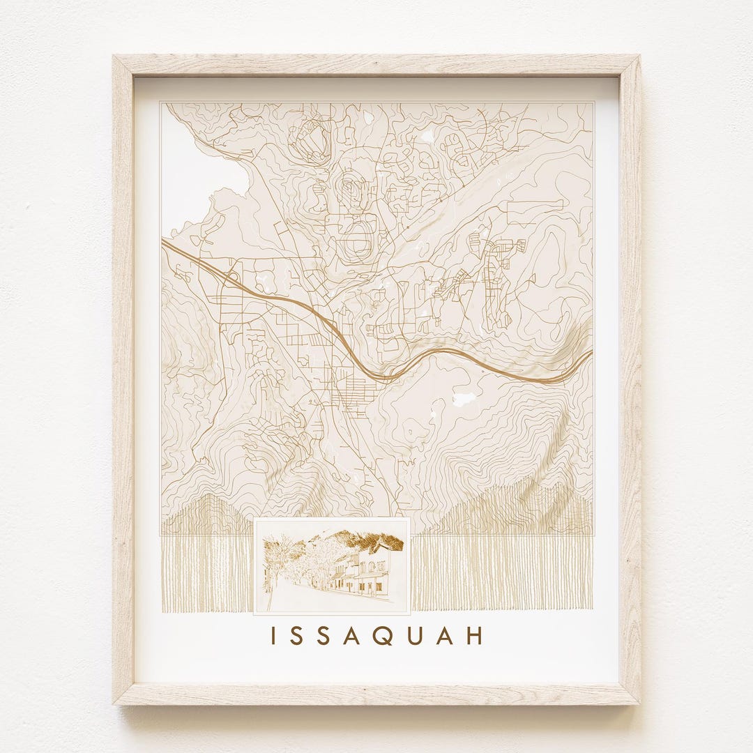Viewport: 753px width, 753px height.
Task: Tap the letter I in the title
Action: click(x=274, y=636)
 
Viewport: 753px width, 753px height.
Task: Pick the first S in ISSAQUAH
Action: click(x=298, y=636)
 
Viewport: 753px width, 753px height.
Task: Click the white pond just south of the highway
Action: click(x=464, y=399)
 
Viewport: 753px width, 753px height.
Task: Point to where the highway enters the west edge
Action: click(x=163, y=241)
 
